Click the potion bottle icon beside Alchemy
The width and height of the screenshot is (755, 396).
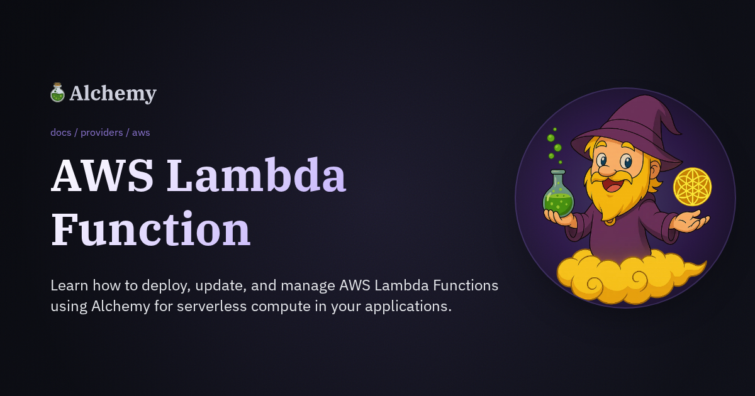click(57, 93)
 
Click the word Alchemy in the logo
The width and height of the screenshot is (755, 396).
click(113, 94)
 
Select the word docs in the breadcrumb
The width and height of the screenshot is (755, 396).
click(61, 133)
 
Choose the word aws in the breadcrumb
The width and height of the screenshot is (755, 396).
click(141, 133)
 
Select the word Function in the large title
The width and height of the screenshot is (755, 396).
click(150, 229)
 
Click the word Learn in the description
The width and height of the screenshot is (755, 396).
click(69, 286)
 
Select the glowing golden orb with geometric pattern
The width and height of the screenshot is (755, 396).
click(692, 187)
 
